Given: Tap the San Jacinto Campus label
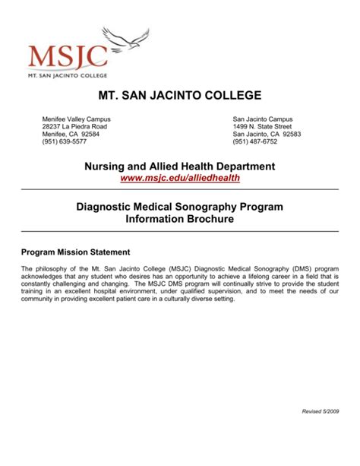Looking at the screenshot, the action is point(263,119).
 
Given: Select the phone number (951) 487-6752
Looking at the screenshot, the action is point(257,141).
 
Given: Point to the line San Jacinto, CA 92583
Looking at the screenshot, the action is point(267,134).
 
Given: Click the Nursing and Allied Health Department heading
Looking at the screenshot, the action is point(179,166).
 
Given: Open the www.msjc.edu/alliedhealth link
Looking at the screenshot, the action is point(179,177).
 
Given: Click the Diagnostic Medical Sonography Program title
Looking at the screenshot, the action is point(179,205).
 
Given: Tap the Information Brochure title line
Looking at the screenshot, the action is point(179,218).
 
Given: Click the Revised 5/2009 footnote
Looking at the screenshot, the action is point(322,411).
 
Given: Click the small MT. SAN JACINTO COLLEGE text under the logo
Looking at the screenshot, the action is point(68,76).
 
